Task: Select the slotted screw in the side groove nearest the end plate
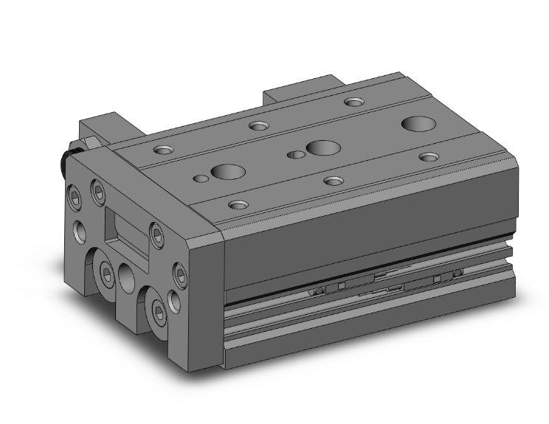319,290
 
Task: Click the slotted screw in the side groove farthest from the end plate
457,273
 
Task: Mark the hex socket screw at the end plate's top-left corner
75,196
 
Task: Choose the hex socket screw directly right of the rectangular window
156,234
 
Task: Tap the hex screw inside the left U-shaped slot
108,274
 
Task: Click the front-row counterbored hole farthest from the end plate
429,156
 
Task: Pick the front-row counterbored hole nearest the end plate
238,204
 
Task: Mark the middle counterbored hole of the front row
334,180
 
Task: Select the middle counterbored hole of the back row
258,125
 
